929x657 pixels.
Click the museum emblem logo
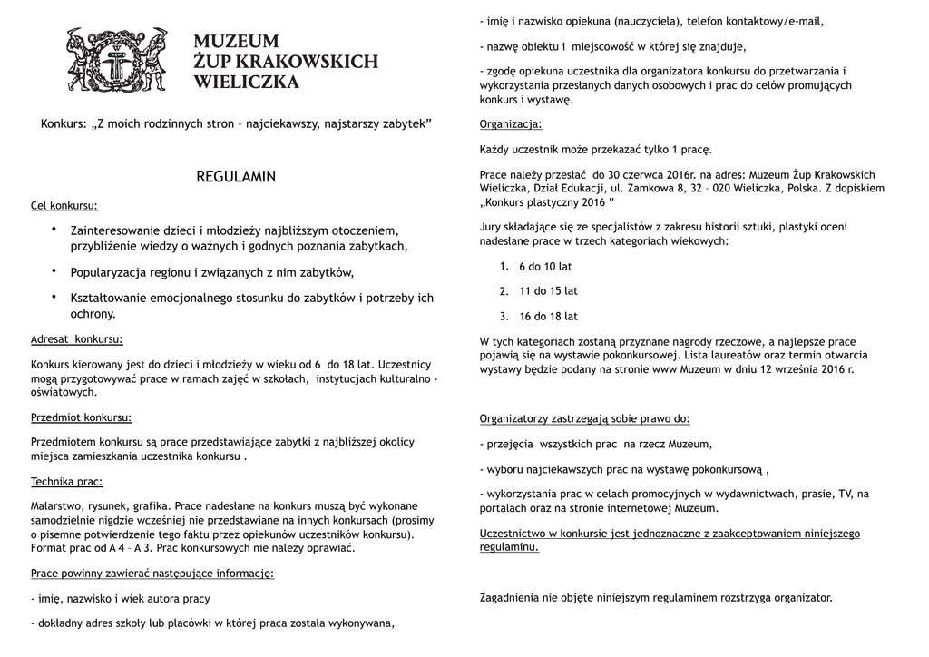pos(118,60)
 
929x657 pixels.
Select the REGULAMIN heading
pos(236,176)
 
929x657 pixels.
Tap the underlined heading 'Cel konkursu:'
pos(64,206)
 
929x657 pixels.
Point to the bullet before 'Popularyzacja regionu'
pos(54,270)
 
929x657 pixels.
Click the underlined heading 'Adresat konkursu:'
pos(77,339)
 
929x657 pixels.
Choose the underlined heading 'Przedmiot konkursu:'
pos(82,417)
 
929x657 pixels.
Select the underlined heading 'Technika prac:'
pos(67,481)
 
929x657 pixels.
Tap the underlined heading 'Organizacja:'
pos(511,124)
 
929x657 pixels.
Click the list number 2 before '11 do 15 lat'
pos(504,292)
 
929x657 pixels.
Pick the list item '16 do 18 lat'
pos(548,317)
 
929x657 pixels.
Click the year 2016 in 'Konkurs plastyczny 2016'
pos(593,202)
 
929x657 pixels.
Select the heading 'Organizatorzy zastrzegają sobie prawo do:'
pos(584,419)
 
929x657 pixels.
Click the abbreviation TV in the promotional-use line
pos(846,494)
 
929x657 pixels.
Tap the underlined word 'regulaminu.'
pos(509,548)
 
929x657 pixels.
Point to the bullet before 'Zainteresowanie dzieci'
pos(54,229)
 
